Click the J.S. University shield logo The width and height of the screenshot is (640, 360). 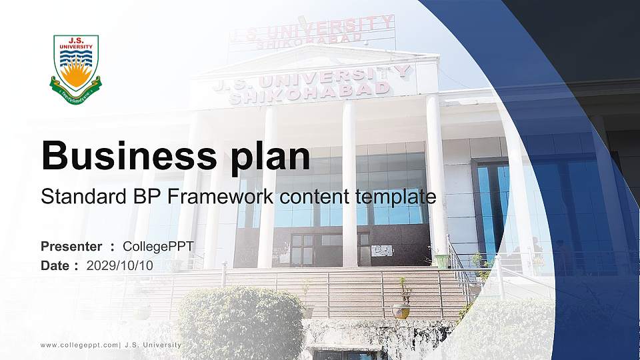75,69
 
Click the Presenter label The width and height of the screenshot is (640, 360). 71,247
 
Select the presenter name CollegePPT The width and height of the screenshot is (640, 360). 159,247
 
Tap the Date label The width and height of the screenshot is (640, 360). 55,265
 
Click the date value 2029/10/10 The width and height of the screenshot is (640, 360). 120,265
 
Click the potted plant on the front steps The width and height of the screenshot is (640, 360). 401,308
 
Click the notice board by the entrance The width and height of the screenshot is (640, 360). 382,251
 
